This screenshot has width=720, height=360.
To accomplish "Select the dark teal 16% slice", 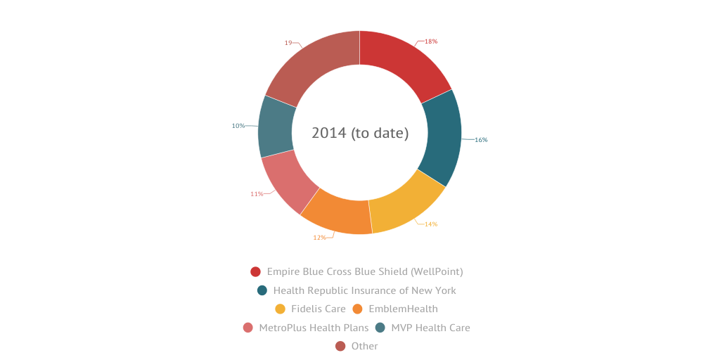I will click(442, 138).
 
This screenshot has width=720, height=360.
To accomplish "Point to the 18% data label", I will click(431, 41).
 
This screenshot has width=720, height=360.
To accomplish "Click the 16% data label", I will click(481, 140).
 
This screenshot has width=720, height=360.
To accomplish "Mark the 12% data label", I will click(319, 238).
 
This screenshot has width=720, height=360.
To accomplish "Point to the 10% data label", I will click(238, 126).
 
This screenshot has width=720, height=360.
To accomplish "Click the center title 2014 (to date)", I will click(360, 132).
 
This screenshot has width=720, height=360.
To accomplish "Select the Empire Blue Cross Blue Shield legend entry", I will click(365, 271).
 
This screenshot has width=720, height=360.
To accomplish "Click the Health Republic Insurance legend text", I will click(364, 290).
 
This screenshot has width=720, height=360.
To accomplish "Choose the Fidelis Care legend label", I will click(319, 309).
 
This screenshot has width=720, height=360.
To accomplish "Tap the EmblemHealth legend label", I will click(403, 309).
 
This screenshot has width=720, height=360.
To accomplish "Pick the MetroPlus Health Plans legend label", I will click(314, 328).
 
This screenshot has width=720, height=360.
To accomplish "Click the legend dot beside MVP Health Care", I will click(380, 328).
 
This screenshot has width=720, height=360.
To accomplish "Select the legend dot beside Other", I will click(340, 346).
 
